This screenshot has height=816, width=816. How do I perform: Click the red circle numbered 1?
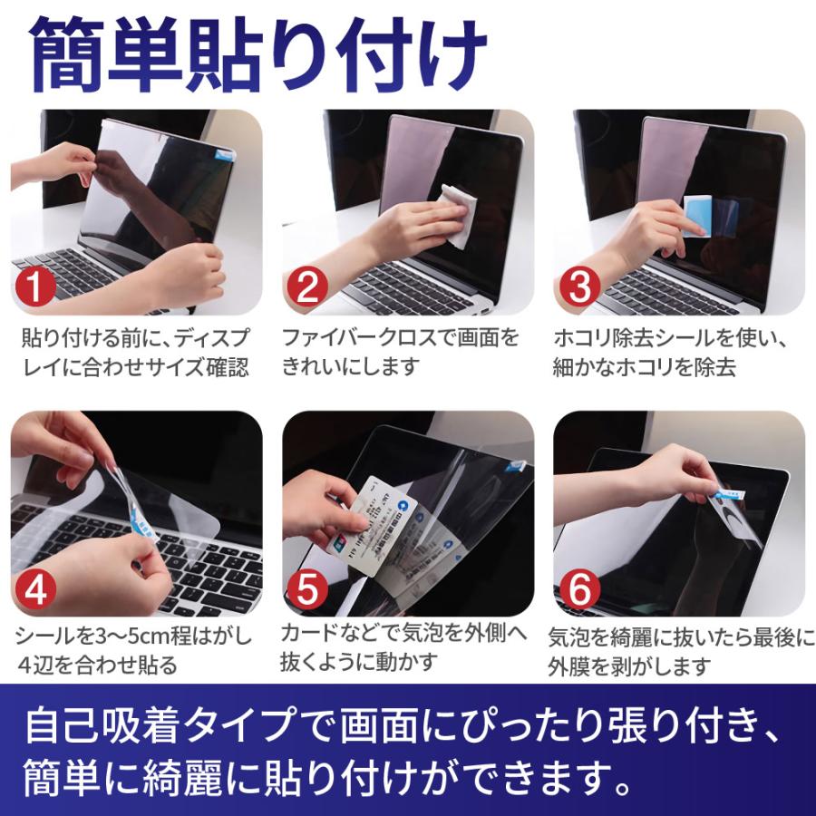point(35,287)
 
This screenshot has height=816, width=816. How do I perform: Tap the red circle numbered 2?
point(307,287)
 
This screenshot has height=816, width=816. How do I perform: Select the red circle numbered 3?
point(579,287)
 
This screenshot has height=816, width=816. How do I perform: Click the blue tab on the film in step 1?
point(225,153)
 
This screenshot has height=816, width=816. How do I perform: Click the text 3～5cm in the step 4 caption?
point(131,636)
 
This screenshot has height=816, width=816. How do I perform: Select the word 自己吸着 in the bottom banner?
point(103,724)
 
